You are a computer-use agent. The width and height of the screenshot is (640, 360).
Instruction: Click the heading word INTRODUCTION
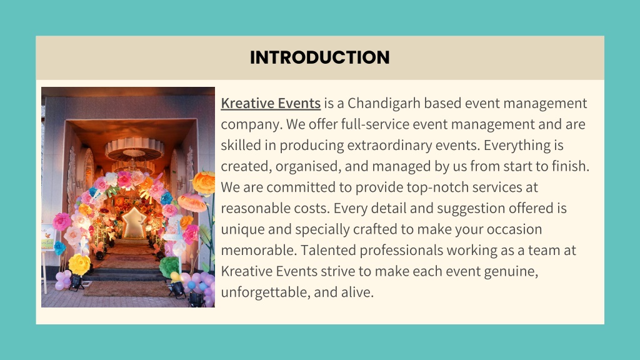[x=319, y=57]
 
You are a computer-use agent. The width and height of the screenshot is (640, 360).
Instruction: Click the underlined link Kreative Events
[x=271, y=103]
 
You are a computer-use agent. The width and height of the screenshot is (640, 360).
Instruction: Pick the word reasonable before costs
[x=256, y=208]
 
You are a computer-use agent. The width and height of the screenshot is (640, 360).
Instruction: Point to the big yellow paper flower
[x=79, y=264]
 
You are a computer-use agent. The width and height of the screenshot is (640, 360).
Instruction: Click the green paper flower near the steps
[x=169, y=266]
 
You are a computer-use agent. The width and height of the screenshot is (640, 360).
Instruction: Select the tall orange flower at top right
[x=204, y=182]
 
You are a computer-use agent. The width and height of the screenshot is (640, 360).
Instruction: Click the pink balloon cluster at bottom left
[x=63, y=279]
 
